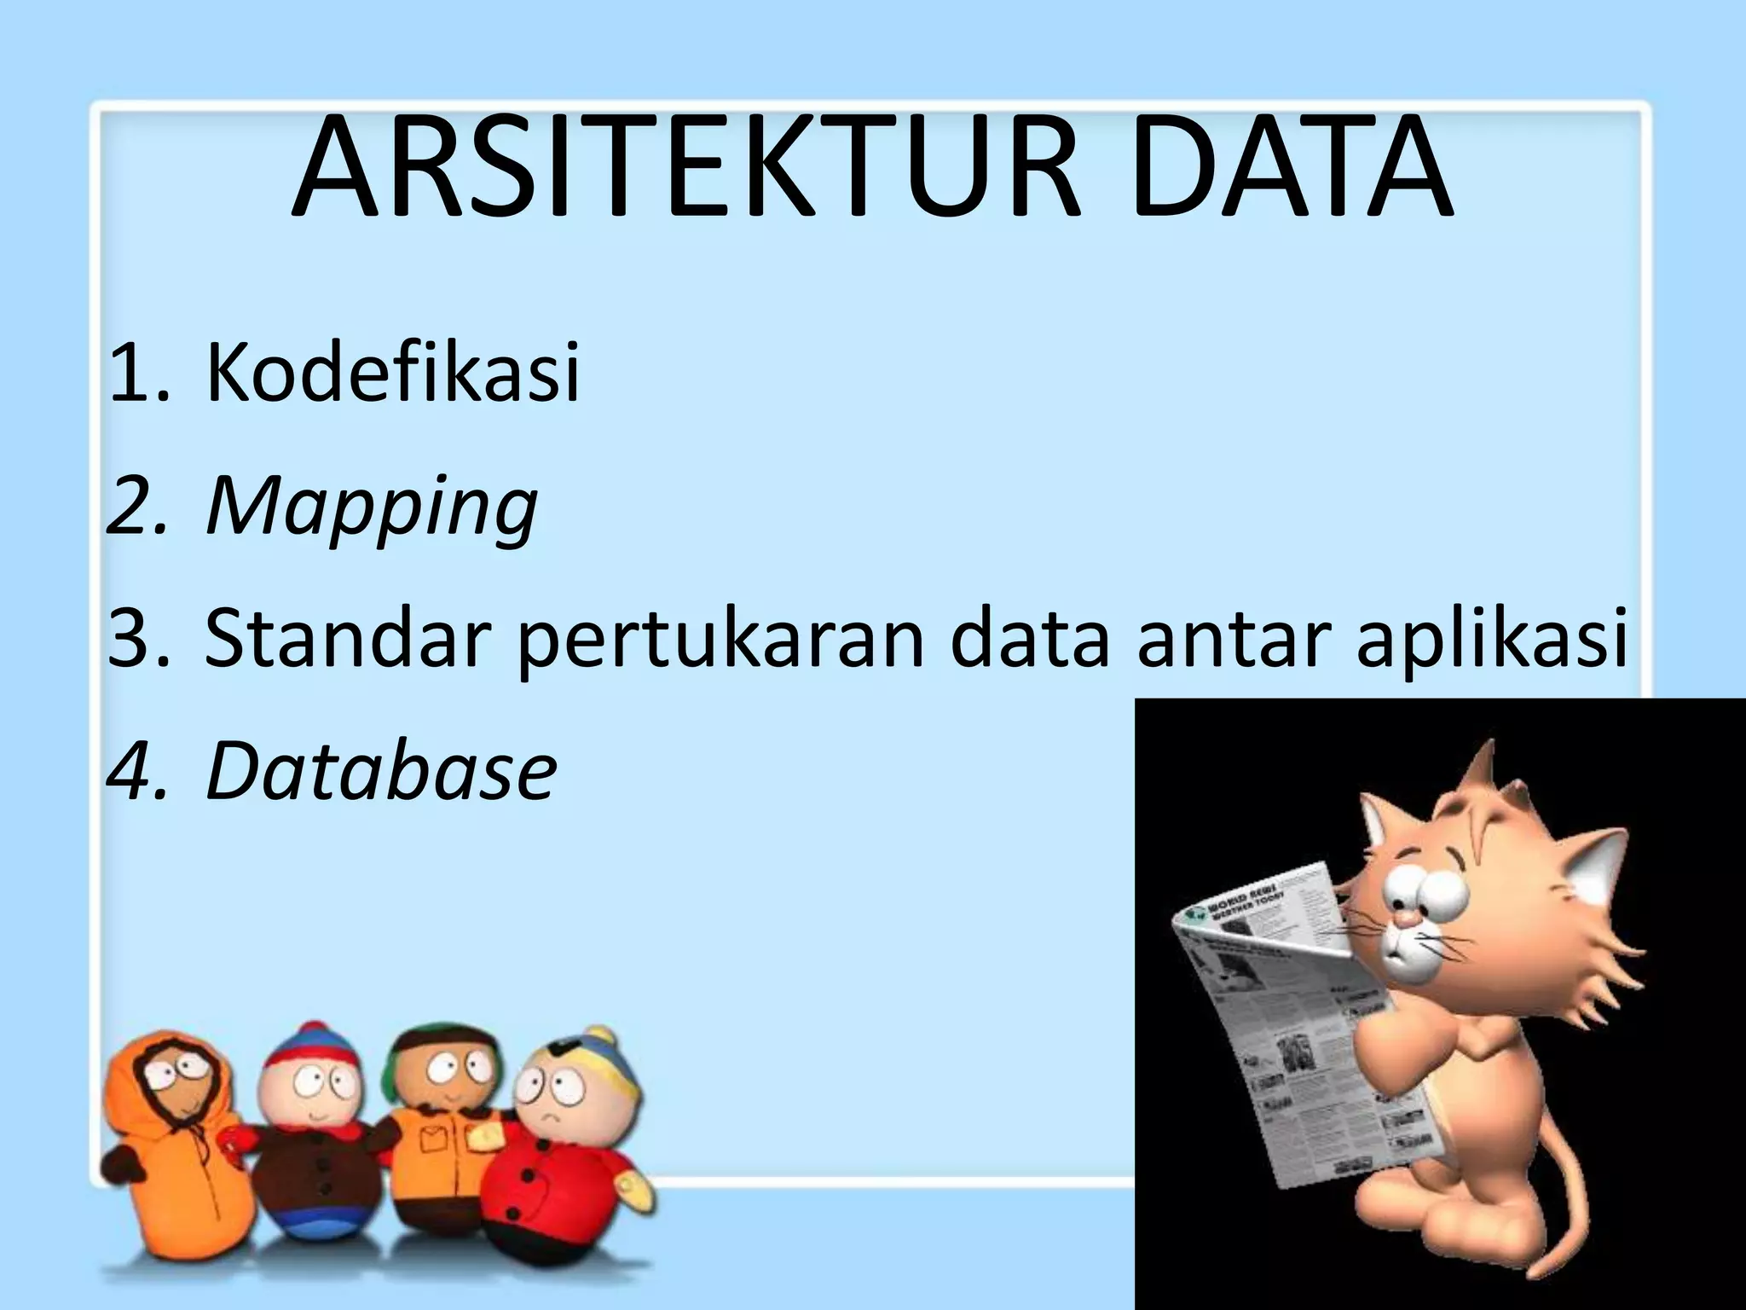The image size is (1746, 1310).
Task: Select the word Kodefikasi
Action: (x=392, y=372)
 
